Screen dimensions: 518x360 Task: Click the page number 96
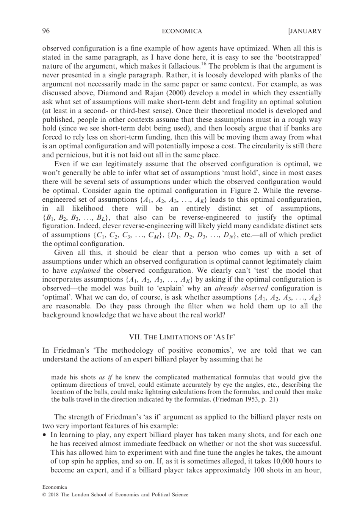click(46, 31)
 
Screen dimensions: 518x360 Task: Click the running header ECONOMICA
click(182, 31)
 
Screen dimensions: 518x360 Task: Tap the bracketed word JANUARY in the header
click(305, 31)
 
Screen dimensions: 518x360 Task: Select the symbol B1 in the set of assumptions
click(49, 218)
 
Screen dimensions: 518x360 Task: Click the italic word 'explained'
click(85, 270)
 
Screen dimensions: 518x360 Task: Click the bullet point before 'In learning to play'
click(45, 435)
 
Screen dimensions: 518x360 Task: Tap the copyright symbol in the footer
click(44, 494)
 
